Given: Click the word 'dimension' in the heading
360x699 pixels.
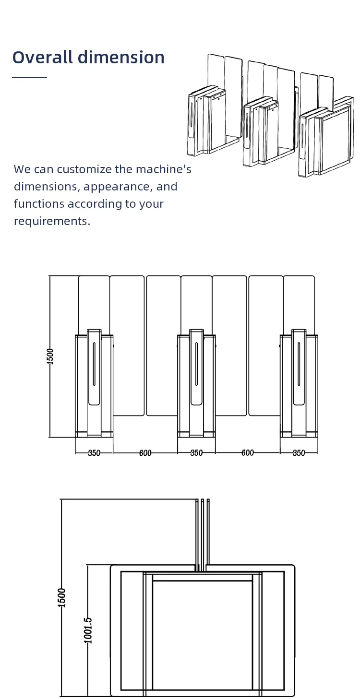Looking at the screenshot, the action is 121,57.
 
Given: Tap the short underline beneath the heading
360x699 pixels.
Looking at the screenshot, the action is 29,77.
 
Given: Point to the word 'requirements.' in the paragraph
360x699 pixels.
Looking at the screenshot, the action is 52,221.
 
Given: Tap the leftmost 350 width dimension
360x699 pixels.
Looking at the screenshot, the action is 94,453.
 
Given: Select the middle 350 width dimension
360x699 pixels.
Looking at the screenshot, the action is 196,453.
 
